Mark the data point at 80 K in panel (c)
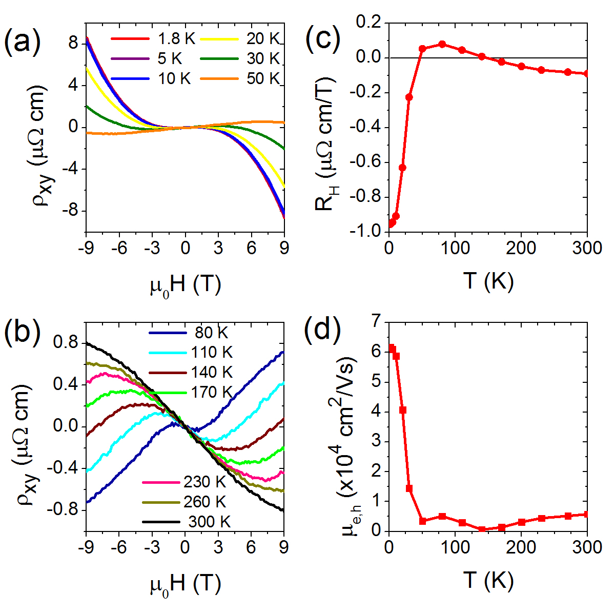[442, 44]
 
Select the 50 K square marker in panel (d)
[422, 521]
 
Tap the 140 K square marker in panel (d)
[482, 529]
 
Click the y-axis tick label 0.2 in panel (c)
[367, 23]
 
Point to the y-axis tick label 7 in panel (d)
[377, 322]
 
